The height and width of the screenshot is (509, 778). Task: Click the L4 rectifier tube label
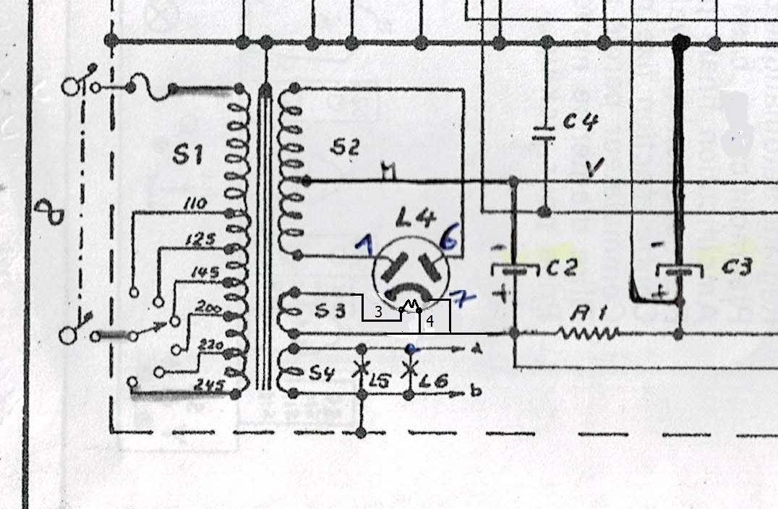click(410, 217)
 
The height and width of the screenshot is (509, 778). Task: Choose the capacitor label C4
click(580, 123)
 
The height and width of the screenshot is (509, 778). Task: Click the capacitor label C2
click(561, 269)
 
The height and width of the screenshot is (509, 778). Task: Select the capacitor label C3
click(737, 268)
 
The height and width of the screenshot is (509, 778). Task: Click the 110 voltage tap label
click(194, 205)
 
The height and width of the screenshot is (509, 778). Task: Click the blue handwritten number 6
click(448, 241)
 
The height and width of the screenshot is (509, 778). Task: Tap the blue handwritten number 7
click(461, 295)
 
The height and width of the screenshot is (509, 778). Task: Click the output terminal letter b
click(476, 392)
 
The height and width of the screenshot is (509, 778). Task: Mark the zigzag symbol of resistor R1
click(589, 333)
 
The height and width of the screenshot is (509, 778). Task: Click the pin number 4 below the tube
click(429, 322)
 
